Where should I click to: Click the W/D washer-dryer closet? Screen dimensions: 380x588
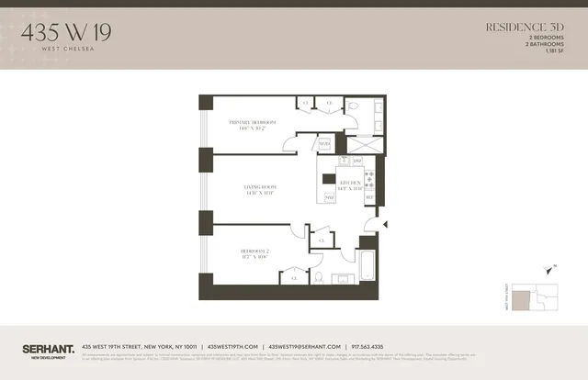324,144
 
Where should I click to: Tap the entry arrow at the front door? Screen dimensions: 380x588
384,223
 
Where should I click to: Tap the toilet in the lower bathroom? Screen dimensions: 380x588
317,277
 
